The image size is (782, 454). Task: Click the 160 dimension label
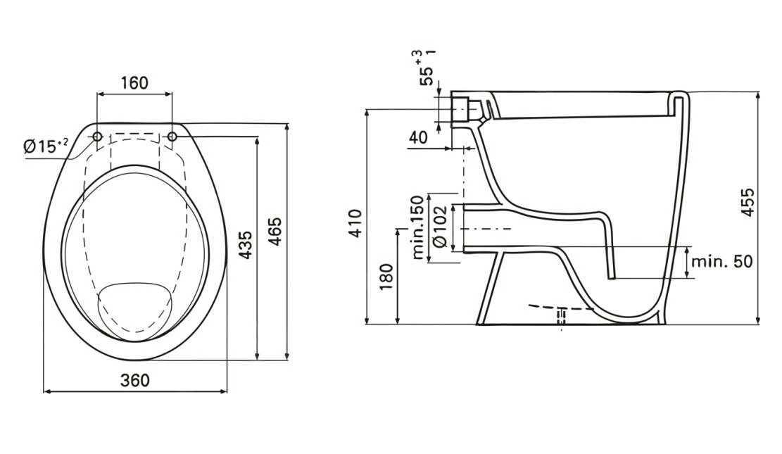point(134,82)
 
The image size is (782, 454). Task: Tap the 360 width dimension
point(134,380)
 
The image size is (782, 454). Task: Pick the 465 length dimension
point(275,232)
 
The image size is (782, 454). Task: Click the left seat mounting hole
point(98,136)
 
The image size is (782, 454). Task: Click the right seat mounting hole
point(172,136)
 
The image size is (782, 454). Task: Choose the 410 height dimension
point(355,223)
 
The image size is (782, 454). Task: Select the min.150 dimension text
point(418,227)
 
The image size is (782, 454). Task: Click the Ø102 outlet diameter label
point(440,227)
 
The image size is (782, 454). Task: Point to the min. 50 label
point(721,261)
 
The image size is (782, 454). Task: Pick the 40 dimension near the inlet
point(418,137)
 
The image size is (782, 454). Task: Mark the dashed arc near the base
point(563,308)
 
